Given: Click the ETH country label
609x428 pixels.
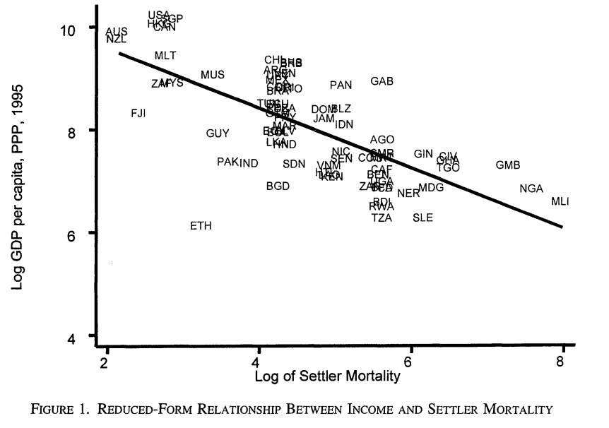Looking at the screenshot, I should (201, 226).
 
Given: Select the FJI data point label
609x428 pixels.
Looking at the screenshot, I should (138, 113).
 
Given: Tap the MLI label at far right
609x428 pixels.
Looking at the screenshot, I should (560, 202).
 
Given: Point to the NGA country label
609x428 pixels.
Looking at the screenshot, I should (531, 189).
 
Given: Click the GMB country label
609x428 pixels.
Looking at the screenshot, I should (508, 165).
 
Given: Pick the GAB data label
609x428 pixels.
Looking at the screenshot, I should (382, 82).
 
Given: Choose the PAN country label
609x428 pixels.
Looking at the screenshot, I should (341, 85).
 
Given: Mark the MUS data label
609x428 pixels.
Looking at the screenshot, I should (213, 75).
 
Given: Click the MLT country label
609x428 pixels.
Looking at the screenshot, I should (165, 56).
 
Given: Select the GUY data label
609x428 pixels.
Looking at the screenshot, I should (218, 133).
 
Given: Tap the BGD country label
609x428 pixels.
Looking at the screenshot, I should (278, 186).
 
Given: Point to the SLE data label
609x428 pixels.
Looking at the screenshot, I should (422, 218).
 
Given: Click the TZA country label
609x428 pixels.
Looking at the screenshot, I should (382, 218).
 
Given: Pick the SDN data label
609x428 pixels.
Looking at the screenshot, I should (294, 164).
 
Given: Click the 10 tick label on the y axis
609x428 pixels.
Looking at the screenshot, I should (77, 28).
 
